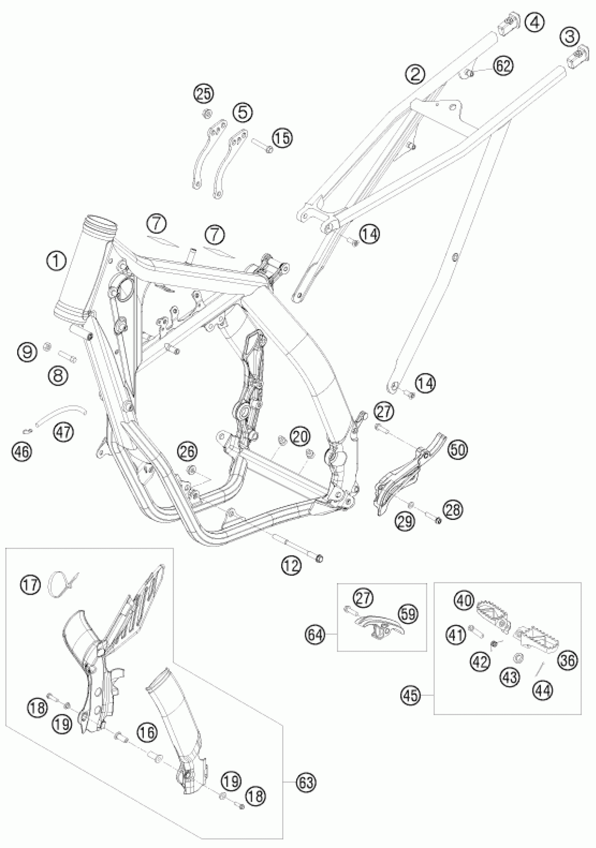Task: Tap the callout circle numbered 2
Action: pos(415,74)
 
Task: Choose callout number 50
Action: pos(458,450)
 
